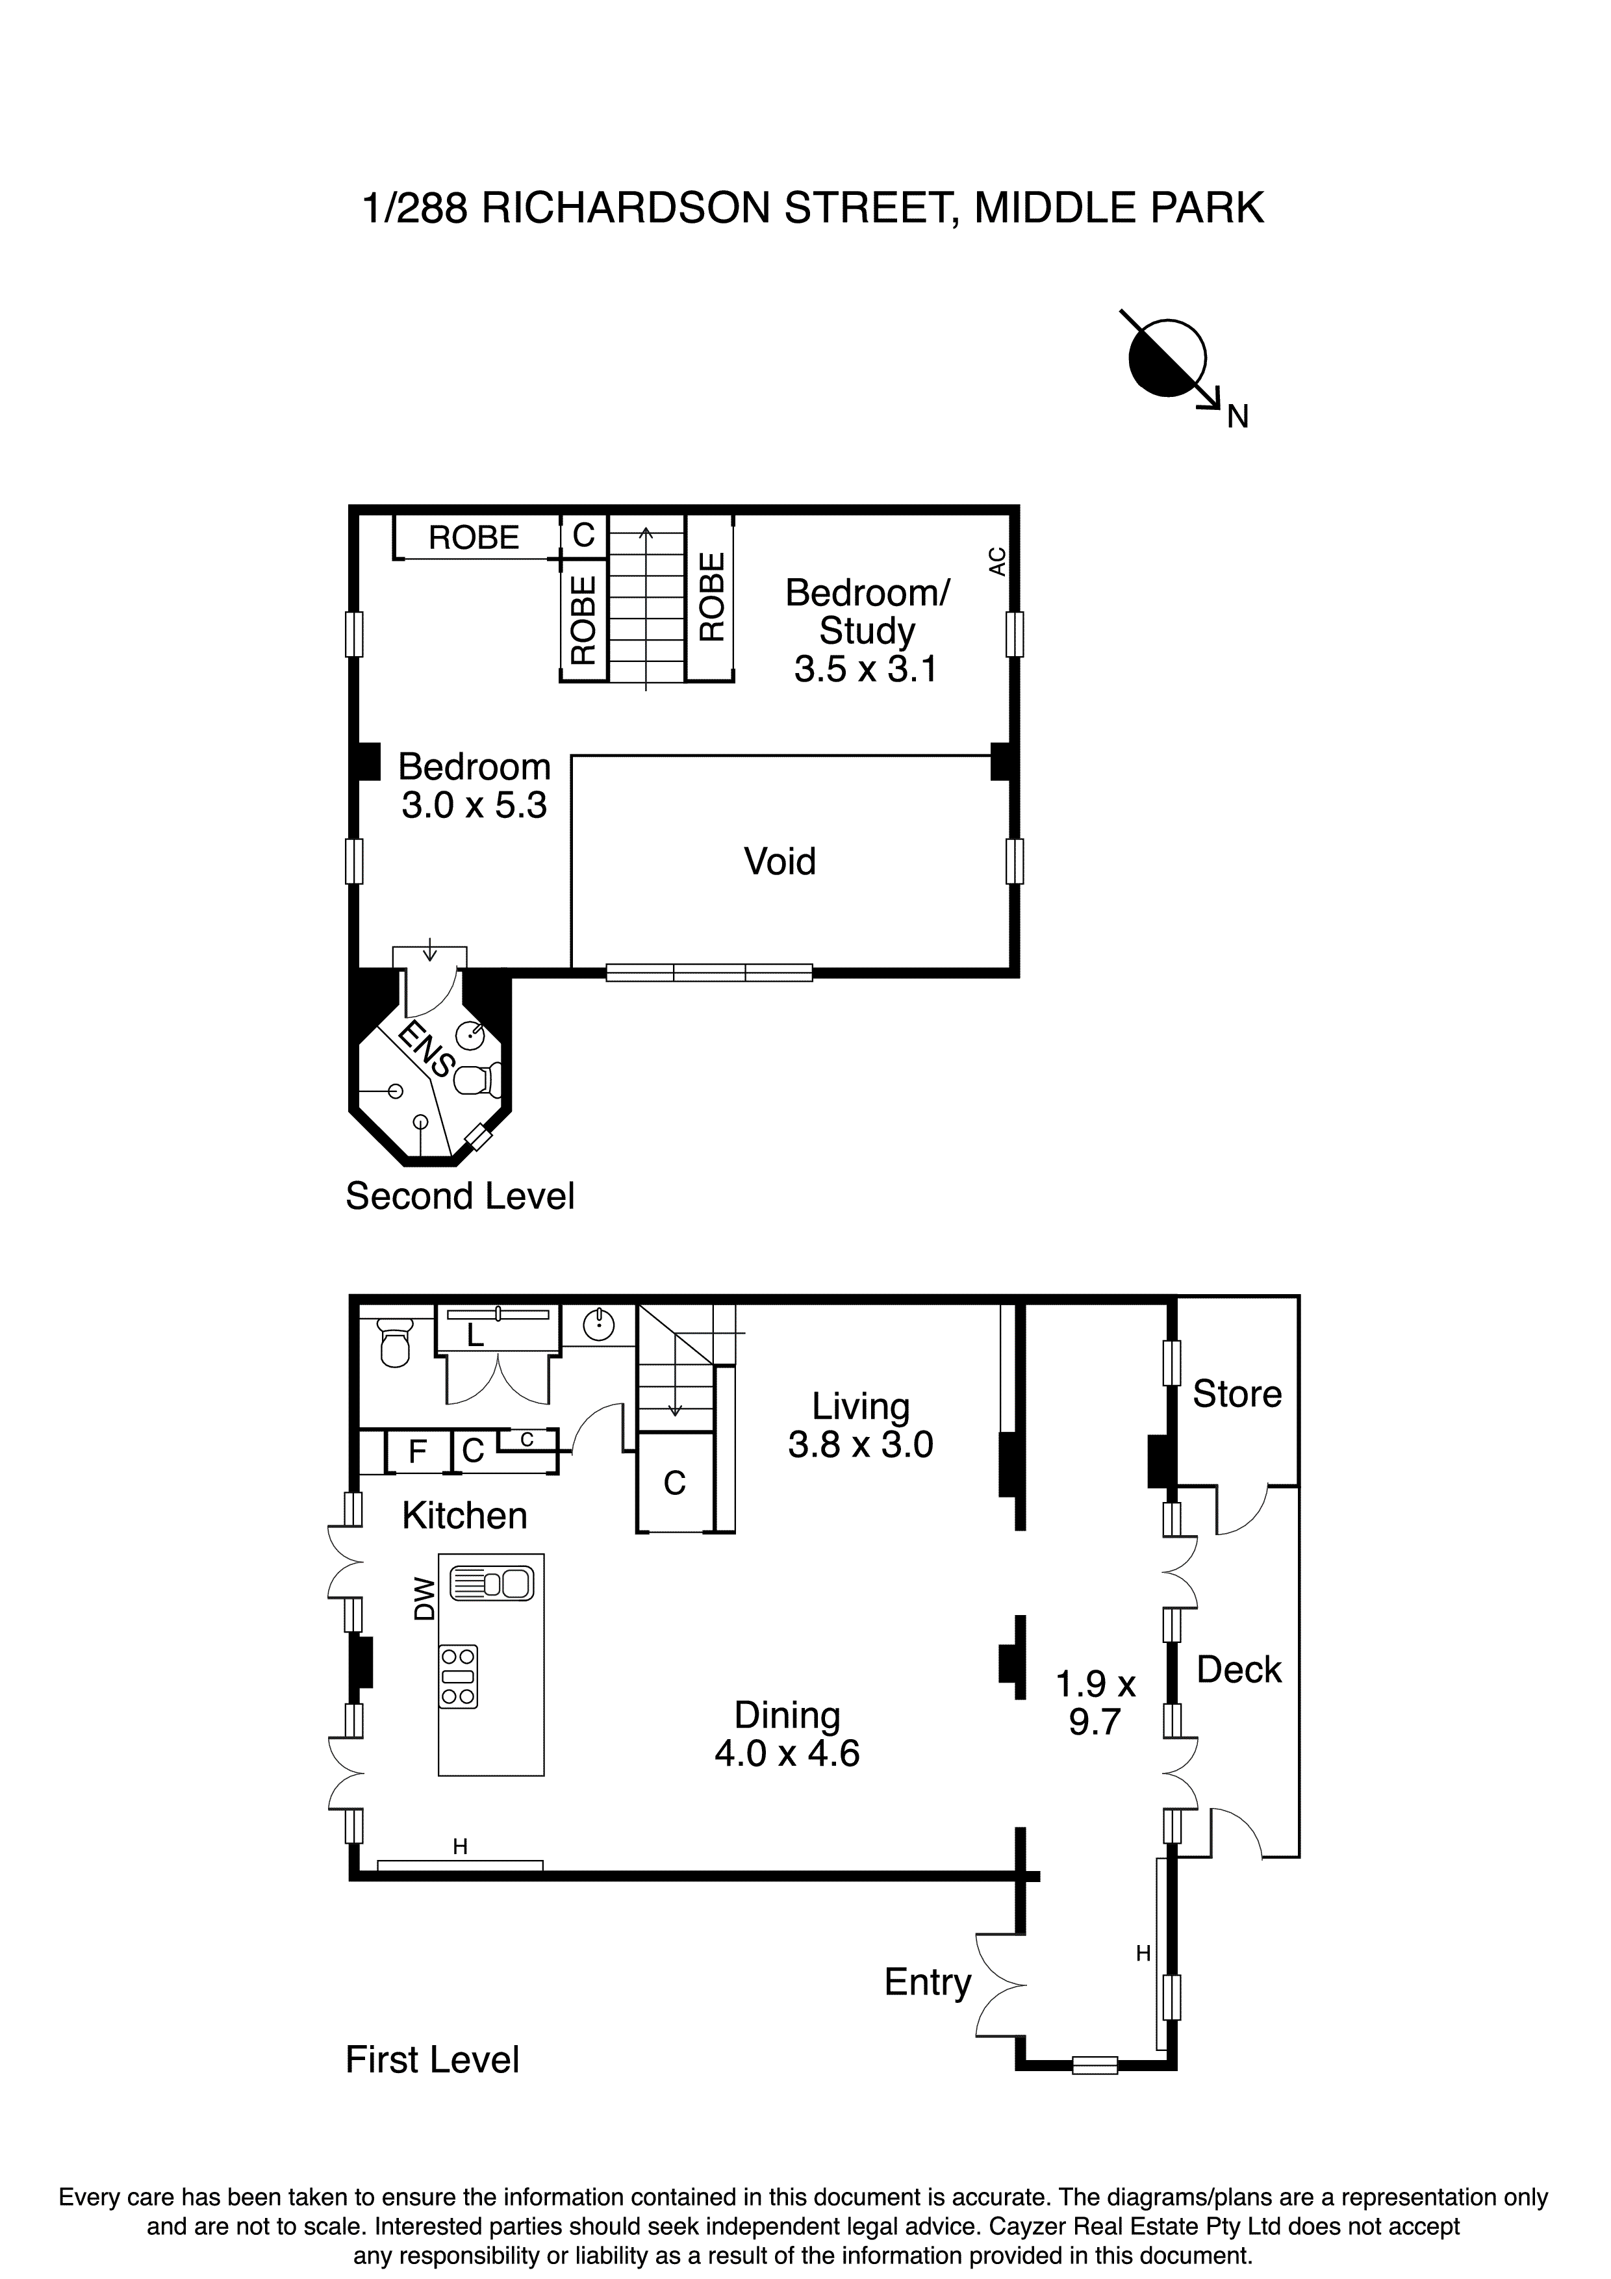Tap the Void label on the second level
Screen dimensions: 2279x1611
click(x=780, y=861)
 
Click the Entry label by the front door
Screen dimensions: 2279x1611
click(x=927, y=1982)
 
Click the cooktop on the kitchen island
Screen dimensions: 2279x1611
click(x=459, y=1677)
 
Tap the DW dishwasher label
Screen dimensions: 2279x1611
click(x=425, y=1599)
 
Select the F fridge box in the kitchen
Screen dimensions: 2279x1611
click(x=418, y=1452)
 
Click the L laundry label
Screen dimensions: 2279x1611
click(x=476, y=1336)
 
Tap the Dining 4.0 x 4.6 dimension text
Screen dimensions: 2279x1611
click(x=787, y=1753)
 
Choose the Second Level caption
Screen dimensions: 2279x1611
click(x=459, y=1196)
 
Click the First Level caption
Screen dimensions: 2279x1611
click(x=432, y=2059)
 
